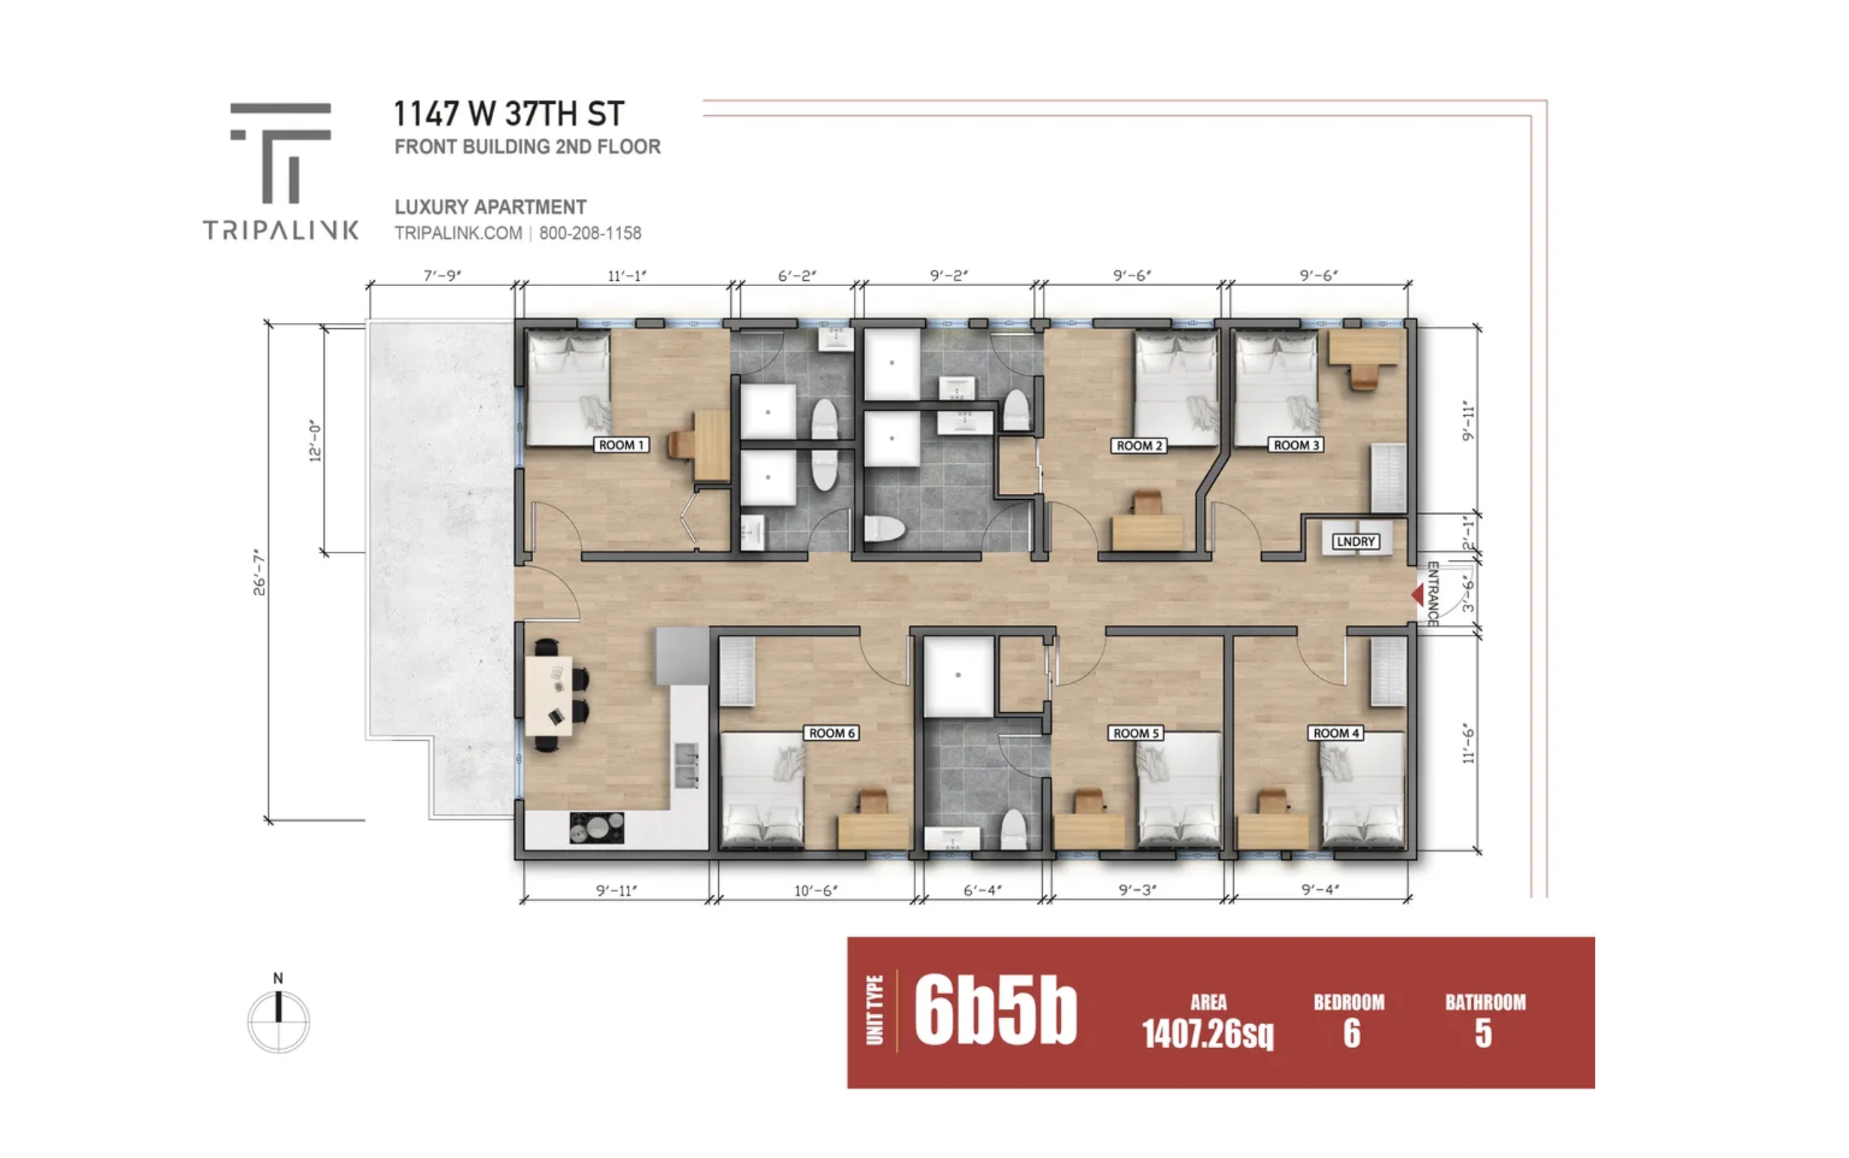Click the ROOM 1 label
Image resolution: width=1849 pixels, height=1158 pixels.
[x=621, y=445]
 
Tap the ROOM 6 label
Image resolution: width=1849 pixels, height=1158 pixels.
[x=831, y=733]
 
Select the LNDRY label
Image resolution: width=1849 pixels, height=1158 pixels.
[x=1355, y=541]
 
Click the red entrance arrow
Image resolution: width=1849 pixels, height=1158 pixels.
[x=1417, y=594]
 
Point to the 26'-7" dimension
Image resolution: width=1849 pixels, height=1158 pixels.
[x=260, y=572]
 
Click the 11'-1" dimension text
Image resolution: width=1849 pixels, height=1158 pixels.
[x=627, y=276]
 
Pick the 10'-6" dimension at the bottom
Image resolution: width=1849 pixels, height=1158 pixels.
[x=816, y=891]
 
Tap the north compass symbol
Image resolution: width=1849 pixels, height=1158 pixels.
[x=279, y=1015]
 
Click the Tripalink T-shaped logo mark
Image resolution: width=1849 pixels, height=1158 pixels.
[x=281, y=152]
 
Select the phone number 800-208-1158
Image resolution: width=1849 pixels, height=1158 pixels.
[x=590, y=233]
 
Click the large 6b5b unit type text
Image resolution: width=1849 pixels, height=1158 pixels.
[x=995, y=1010]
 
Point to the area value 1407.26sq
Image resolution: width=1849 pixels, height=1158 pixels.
[x=1208, y=1034]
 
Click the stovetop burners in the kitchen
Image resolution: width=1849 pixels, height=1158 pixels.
[x=597, y=828]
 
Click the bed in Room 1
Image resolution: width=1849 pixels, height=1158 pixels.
[x=569, y=388]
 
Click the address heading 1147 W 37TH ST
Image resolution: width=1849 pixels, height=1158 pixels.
[x=509, y=114]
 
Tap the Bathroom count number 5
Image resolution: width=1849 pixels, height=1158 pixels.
[x=1484, y=1033]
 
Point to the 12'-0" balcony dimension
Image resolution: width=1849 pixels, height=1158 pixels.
[x=315, y=440]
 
